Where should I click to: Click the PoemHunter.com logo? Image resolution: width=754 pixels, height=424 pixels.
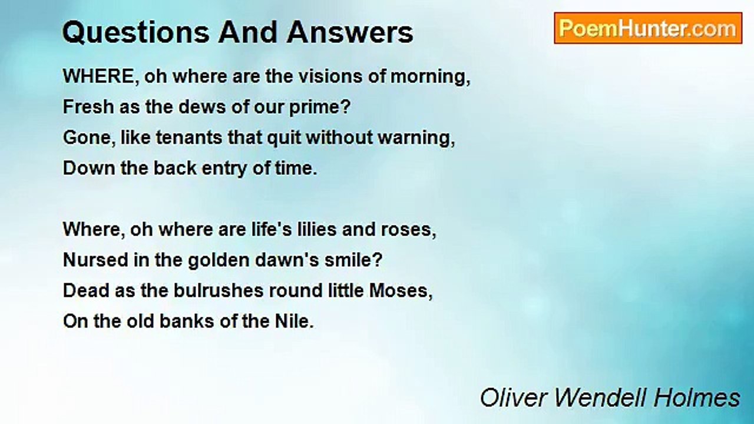[x=647, y=28]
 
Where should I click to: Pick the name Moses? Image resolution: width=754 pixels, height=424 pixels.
[x=406, y=291]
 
